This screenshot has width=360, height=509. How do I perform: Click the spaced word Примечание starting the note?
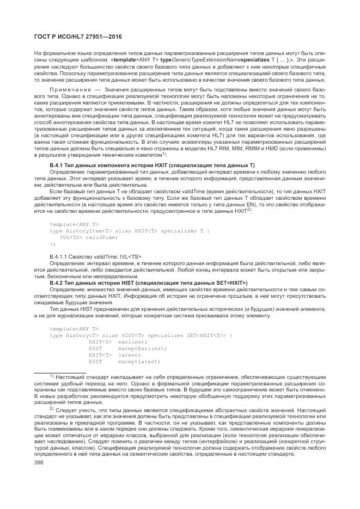pos(67,88)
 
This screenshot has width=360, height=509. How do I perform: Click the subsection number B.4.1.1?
pos(61,256)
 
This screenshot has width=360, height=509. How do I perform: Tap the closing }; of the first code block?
pos(52,244)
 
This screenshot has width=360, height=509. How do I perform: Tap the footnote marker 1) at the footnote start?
pos(52,376)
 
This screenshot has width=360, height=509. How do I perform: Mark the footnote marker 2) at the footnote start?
pos(52,408)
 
